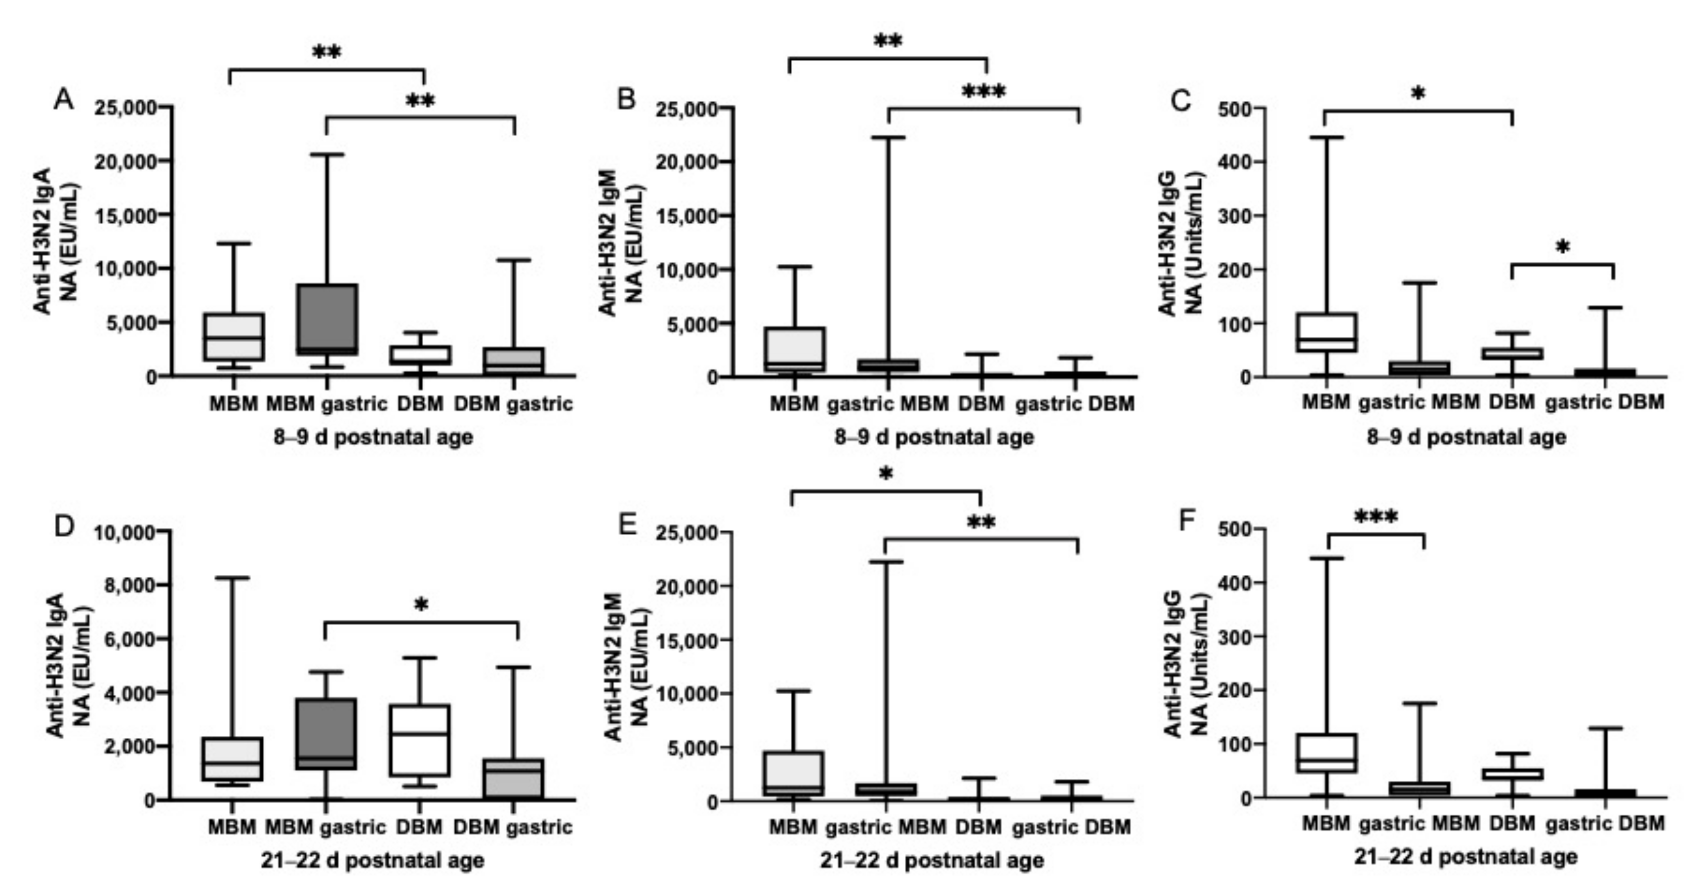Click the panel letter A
(x=63, y=100)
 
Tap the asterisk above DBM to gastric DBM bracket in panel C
(x=1563, y=248)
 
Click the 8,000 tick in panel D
(x=130, y=585)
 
